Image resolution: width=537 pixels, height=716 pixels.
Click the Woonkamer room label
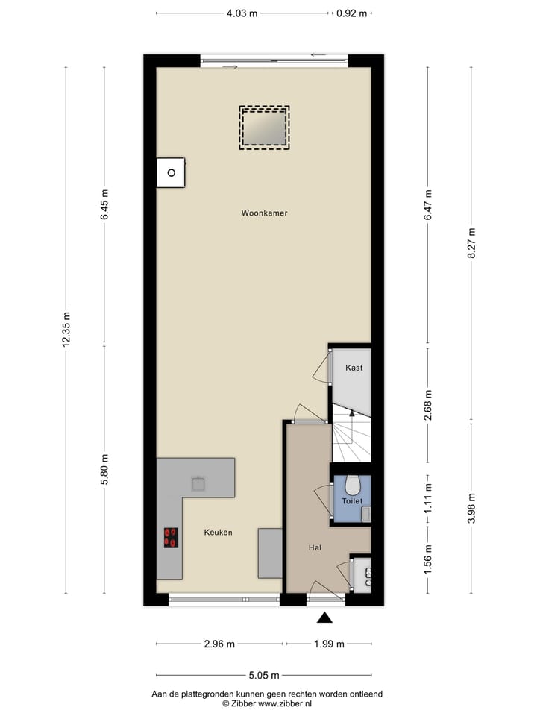click(x=264, y=213)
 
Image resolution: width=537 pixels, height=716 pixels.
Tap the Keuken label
click(x=219, y=533)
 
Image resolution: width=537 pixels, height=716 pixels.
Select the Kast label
click(x=354, y=368)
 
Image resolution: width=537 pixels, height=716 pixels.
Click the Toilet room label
click(x=352, y=501)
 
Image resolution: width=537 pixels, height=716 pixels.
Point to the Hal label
click(x=315, y=548)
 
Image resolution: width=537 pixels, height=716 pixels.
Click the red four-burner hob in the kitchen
click(x=171, y=538)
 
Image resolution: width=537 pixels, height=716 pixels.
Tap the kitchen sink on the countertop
click(x=198, y=484)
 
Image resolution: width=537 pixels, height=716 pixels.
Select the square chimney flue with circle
click(x=171, y=173)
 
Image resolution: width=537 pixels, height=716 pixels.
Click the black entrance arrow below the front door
click(x=324, y=617)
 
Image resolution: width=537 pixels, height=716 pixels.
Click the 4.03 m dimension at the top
click(x=242, y=13)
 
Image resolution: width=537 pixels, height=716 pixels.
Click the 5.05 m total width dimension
click(x=264, y=676)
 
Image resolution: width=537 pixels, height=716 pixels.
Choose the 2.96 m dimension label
click(x=219, y=644)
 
